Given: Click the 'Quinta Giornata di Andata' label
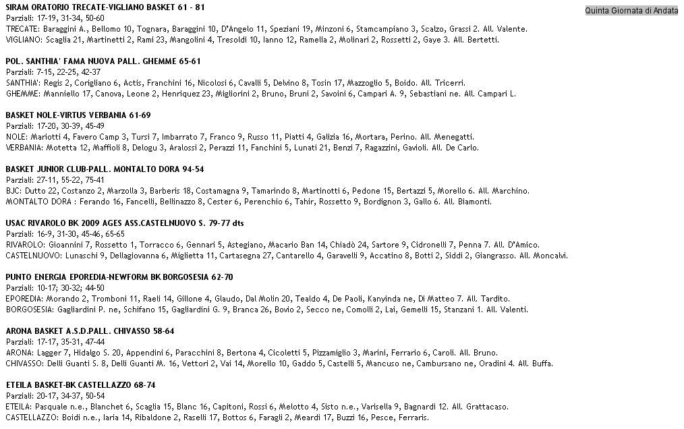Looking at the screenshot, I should click(x=631, y=10).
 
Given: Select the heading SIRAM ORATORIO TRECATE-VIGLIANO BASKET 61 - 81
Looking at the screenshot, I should click(x=105, y=7).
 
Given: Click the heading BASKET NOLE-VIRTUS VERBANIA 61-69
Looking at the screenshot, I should click(x=78, y=115).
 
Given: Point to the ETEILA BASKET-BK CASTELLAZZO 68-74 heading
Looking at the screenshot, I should click(x=80, y=384).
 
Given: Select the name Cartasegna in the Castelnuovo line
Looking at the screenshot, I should click(x=239, y=256).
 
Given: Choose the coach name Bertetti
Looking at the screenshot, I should click(x=481, y=40).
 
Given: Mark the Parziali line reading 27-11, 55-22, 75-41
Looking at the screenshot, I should click(x=55, y=180).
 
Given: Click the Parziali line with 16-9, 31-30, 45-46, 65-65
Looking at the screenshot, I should click(x=65, y=234).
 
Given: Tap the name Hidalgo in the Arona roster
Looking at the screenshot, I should click(x=88, y=353).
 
